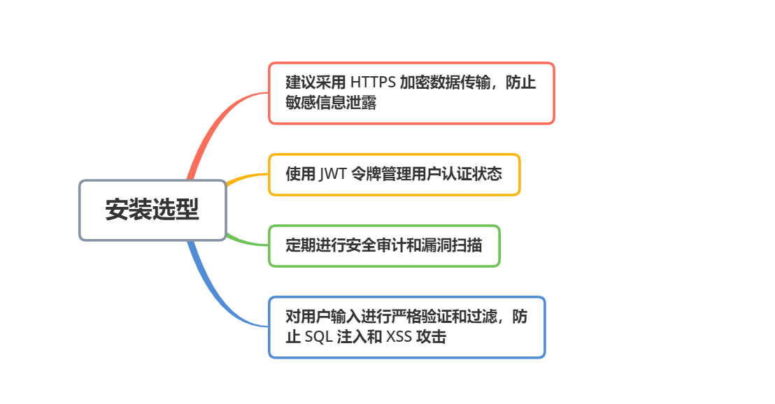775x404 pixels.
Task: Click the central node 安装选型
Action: [x=152, y=210]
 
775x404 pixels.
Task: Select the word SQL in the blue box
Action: [x=318, y=337]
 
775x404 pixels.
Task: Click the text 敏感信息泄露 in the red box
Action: [x=331, y=103]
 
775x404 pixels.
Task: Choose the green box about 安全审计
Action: [x=384, y=245]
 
